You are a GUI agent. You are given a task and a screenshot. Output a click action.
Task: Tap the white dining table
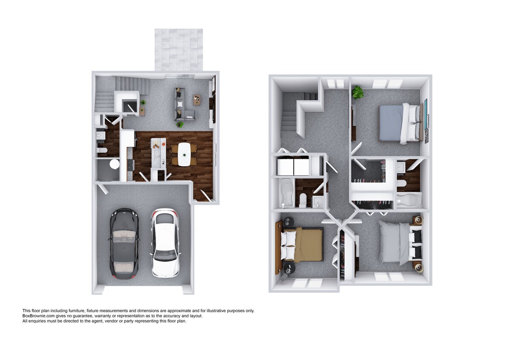184,154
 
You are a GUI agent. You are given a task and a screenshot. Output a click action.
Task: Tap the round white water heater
114,164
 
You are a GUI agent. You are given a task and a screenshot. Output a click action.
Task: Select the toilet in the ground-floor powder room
102,150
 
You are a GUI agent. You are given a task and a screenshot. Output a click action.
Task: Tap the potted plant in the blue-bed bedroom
357,92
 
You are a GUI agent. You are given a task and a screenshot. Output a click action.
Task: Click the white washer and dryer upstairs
293,167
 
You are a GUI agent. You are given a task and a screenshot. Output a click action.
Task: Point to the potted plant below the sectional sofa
180,125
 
